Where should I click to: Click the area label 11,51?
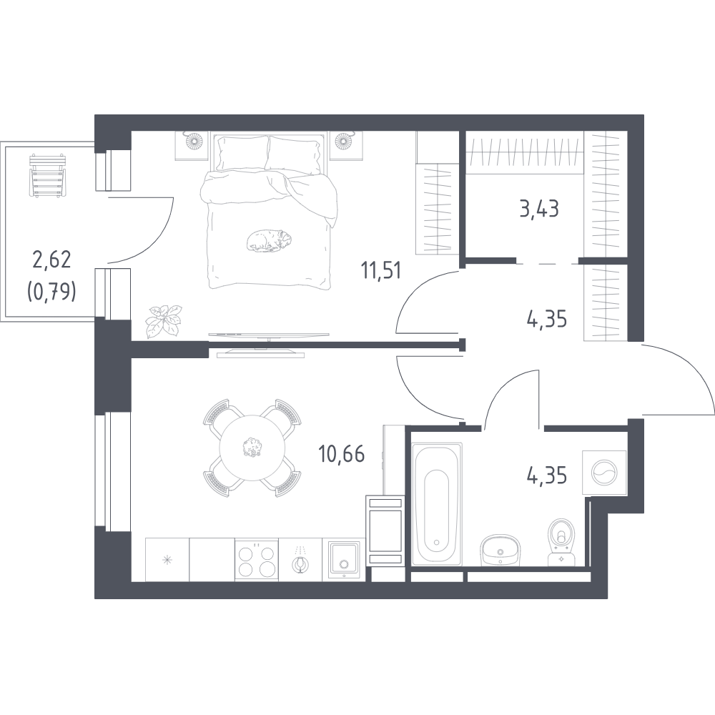(381, 271)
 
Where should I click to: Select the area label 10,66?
(342, 455)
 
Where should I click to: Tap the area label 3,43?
(539, 209)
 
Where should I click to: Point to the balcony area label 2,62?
(51, 260)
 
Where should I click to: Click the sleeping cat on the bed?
(270, 240)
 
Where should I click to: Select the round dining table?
(252, 448)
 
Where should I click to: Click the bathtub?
(437, 504)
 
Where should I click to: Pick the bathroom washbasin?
(500, 548)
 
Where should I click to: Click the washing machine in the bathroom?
(604, 472)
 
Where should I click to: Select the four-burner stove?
(256, 560)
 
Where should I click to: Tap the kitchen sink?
(344, 560)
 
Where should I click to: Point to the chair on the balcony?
(47, 176)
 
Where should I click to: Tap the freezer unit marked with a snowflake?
(167, 560)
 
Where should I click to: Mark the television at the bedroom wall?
(269, 335)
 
